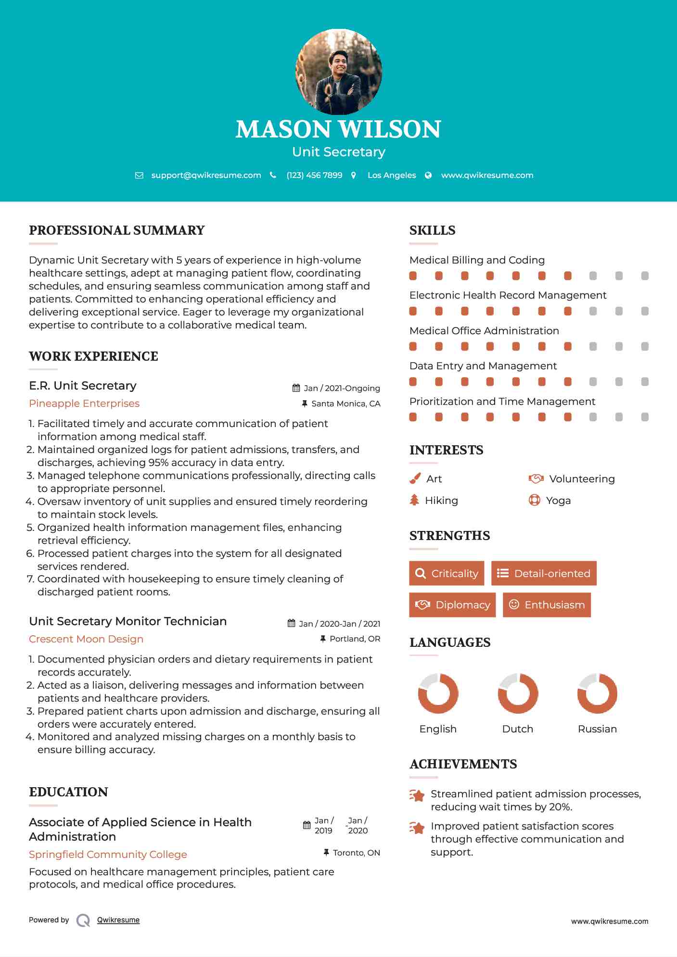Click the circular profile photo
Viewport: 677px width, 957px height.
(339, 72)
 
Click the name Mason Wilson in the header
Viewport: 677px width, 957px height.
(338, 129)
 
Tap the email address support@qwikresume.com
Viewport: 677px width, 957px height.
(206, 176)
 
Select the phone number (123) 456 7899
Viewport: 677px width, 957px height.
(314, 176)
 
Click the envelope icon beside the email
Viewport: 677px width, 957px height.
(139, 176)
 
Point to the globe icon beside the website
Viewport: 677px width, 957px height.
(428, 176)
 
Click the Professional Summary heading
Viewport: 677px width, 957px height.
(117, 230)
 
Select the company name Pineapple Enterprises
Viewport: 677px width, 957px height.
(84, 403)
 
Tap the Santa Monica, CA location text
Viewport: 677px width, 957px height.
(345, 404)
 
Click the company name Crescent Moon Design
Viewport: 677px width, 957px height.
(86, 639)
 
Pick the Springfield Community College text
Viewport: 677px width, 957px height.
(108, 855)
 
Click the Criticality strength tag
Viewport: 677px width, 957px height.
(447, 573)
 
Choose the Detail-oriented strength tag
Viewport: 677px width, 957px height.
(544, 573)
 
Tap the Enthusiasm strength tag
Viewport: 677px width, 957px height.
(547, 605)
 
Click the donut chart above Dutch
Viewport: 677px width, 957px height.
(518, 693)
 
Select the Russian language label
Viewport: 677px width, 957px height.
(597, 729)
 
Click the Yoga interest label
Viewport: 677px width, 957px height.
(558, 501)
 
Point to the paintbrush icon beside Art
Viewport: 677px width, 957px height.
(415, 479)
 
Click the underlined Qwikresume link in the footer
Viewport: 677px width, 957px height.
(118, 920)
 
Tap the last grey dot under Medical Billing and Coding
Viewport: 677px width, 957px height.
(645, 276)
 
